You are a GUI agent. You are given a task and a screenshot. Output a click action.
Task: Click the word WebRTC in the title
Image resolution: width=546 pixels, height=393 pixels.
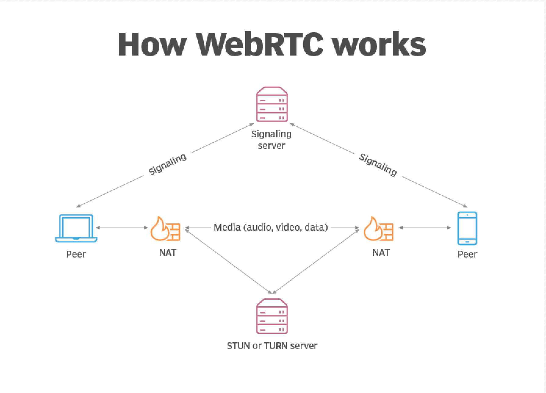click(260, 45)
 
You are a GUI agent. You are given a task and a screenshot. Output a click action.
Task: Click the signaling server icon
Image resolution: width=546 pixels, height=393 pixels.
click(272, 104)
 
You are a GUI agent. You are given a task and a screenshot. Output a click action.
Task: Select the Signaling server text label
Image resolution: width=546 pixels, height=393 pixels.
click(271, 140)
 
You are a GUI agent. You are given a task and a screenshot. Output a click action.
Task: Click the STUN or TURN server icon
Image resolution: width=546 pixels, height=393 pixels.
click(272, 316)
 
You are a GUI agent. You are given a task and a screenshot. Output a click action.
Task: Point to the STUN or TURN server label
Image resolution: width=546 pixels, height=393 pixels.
click(272, 346)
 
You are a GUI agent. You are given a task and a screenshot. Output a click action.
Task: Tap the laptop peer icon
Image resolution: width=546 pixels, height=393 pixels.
click(76, 229)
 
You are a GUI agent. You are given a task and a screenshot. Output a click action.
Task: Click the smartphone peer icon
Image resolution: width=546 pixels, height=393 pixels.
click(467, 229)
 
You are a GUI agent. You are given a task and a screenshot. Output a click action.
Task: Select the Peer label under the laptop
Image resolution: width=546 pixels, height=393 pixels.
click(76, 254)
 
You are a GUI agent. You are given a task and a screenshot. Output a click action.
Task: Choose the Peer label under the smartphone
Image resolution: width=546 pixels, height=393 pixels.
click(467, 254)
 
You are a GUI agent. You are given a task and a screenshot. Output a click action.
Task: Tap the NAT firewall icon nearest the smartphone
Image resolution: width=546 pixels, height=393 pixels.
click(379, 229)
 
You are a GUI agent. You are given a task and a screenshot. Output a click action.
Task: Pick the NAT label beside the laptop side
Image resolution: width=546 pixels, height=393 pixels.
click(167, 252)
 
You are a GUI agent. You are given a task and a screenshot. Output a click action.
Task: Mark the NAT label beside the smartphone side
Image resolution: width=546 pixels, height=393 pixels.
click(381, 252)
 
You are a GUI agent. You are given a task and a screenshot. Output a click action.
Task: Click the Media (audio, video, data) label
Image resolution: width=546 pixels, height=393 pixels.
click(271, 227)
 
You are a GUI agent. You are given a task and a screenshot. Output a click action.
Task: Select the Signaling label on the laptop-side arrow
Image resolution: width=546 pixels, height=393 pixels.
click(167, 164)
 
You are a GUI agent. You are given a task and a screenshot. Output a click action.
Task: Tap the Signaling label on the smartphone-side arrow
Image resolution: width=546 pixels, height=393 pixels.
click(378, 164)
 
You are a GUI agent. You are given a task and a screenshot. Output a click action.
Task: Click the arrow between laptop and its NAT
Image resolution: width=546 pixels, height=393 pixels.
click(122, 228)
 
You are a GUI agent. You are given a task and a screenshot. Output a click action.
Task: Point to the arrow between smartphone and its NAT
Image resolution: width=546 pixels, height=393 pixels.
click(425, 228)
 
